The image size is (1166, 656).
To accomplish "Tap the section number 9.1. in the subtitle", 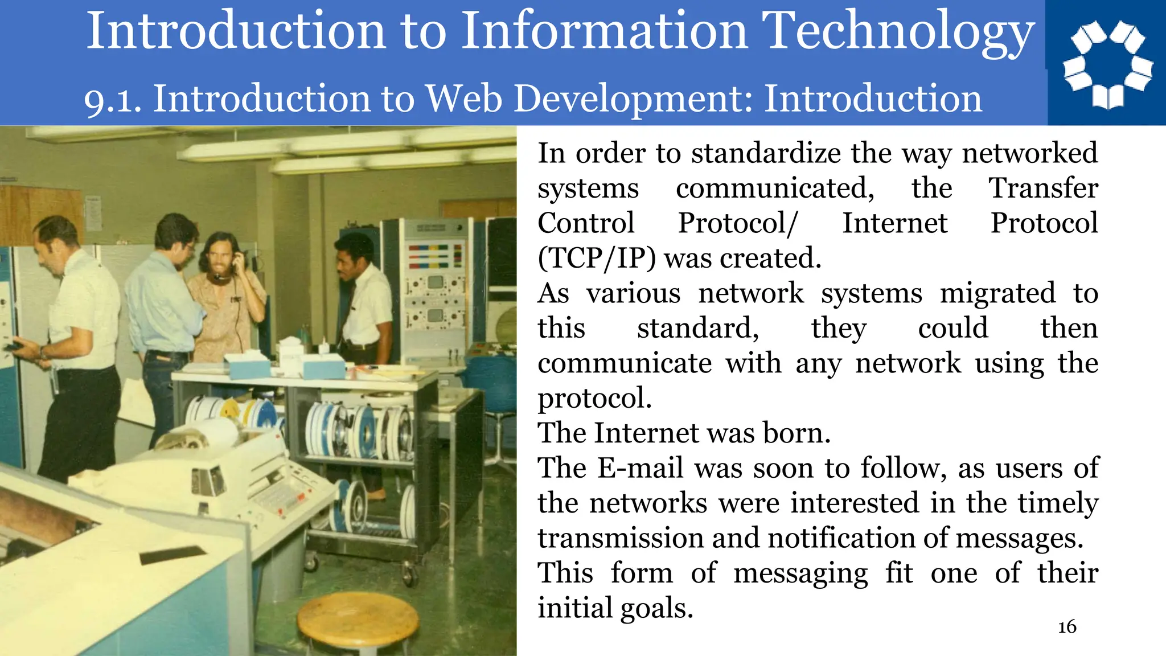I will [113, 100].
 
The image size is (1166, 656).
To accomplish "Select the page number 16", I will [1067, 627].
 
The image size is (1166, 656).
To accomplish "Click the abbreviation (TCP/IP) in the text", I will [596, 259].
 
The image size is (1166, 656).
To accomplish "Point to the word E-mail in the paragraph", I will [641, 468].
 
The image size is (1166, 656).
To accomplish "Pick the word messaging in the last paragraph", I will [800, 573].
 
